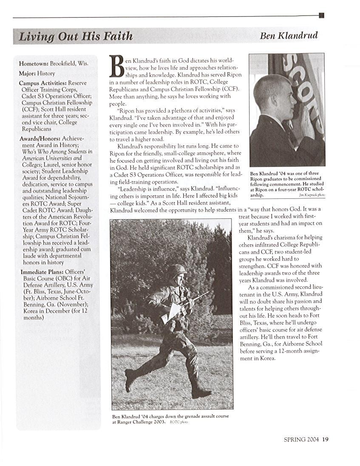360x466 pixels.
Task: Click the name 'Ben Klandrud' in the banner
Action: (x=289, y=36)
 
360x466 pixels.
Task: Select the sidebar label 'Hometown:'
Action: (x=33, y=63)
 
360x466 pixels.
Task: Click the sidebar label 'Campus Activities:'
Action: (x=43, y=83)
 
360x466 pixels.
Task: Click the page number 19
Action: (x=325, y=439)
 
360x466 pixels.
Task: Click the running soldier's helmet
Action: (x=176, y=270)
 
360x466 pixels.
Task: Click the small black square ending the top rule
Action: (x=321, y=16)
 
